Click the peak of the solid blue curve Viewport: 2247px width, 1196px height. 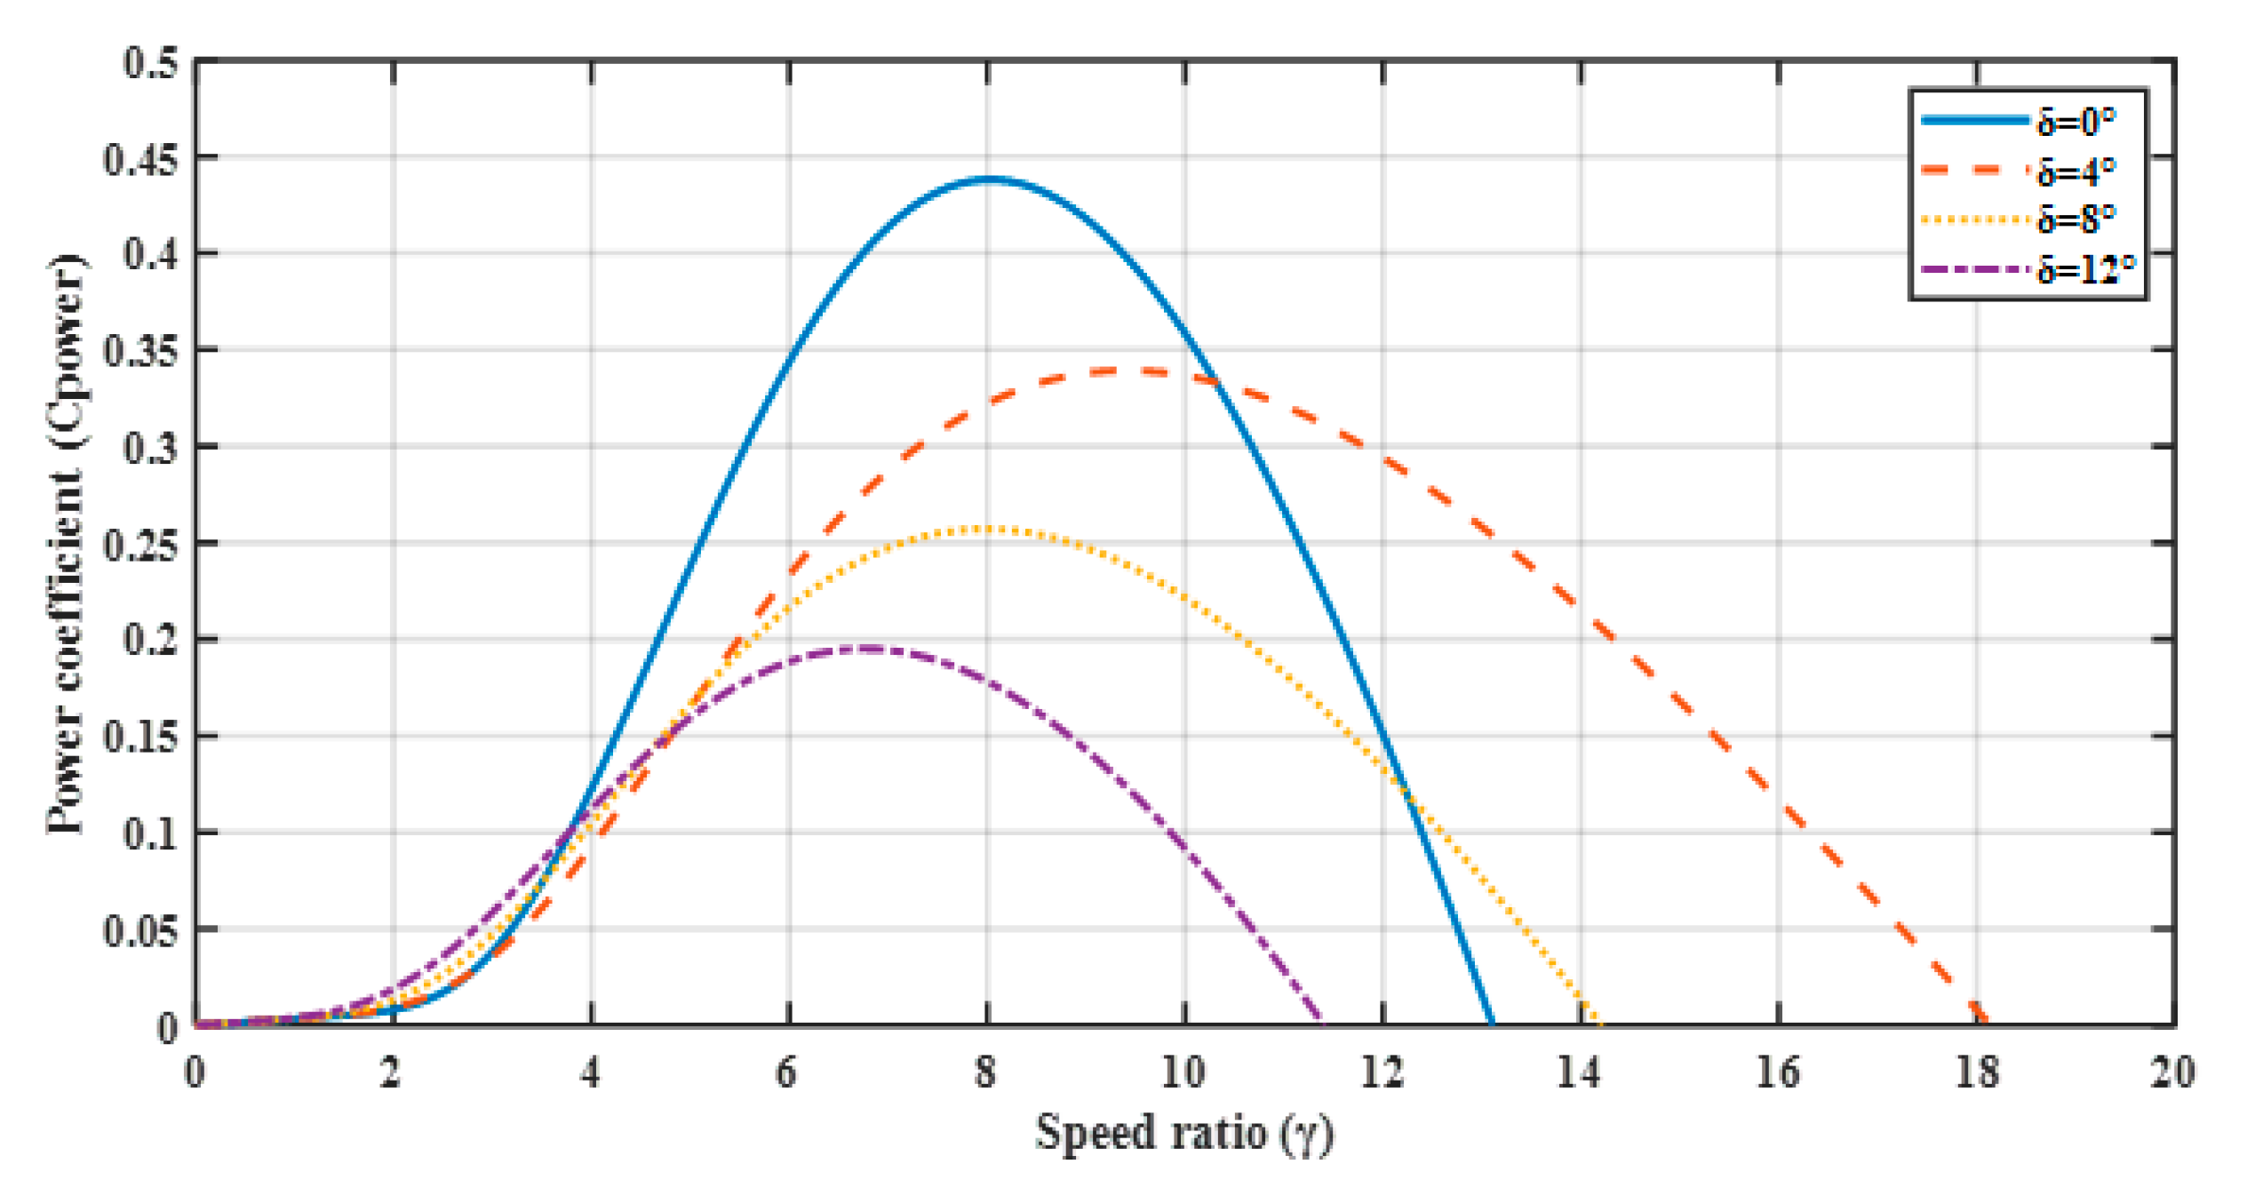click(x=989, y=179)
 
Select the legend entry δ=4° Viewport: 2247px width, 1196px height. click(x=2076, y=171)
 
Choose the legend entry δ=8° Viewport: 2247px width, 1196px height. click(x=2076, y=219)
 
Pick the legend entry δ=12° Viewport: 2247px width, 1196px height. click(x=2084, y=268)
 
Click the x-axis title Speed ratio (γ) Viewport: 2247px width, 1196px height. click(x=1184, y=1134)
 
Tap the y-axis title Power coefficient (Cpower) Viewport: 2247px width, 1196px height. click(x=66, y=544)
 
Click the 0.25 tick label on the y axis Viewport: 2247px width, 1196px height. click(x=140, y=544)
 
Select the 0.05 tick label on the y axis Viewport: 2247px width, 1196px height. click(x=140, y=930)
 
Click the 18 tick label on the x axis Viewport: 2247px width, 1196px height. click(x=1977, y=1073)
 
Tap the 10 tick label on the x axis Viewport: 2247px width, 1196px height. click(x=1183, y=1073)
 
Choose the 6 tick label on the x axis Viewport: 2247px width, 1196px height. click(x=787, y=1073)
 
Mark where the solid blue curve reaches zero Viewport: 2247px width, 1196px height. click(x=1492, y=1025)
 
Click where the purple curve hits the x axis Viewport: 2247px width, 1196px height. click(x=1323, y=1025)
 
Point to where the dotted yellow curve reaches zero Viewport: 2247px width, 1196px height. click(x=1599, y=1025)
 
